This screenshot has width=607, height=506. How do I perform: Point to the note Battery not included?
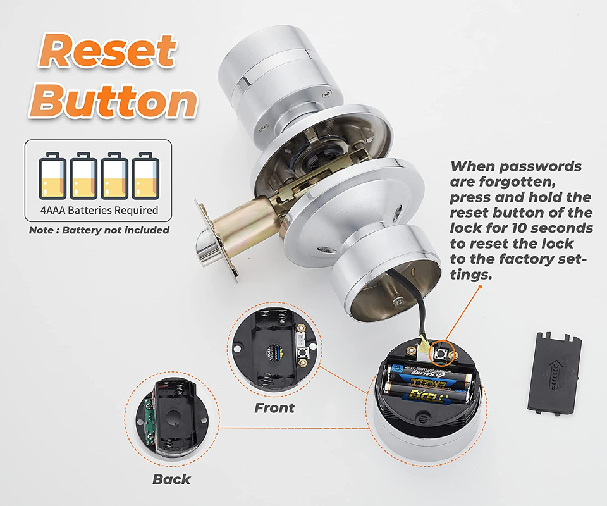[x=99, y=230]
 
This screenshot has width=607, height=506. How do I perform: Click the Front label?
[x=274, y=408]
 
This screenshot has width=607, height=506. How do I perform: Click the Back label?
[x=171, y=479]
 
